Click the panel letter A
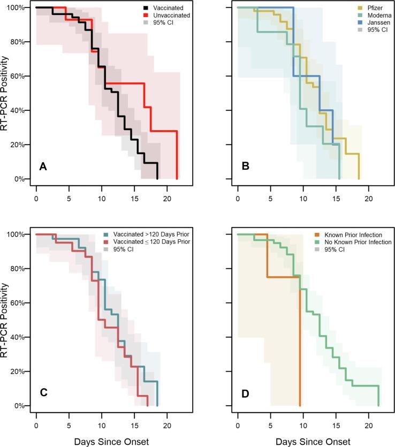tap(44, 166)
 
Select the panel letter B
tap(245, 166)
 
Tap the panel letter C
tap(44, 393)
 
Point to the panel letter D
tap(245, 393)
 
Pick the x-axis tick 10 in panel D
tap(303, 418)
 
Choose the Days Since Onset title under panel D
tap(303, 435)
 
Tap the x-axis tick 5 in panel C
tap(69, 418)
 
